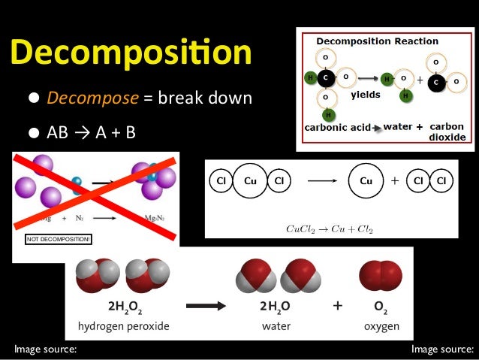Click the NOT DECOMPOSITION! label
click(x=59, y=239)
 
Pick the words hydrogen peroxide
click(x=123, y=326)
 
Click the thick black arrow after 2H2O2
click(x=212, y=307)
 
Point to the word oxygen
click(x=382, y=326)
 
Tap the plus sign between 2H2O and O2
click(x=337, y=306)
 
